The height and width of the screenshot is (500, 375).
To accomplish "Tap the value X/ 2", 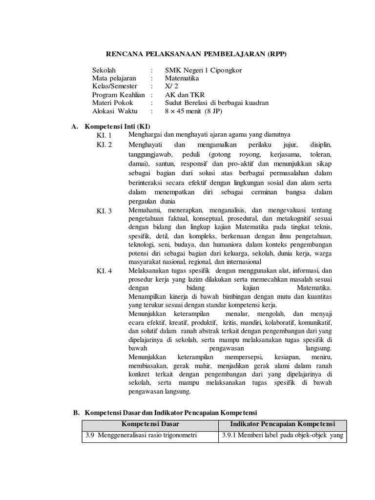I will coord(171,86).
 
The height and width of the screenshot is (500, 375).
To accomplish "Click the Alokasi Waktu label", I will coord(115,111).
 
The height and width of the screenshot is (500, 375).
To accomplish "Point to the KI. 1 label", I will coord(104,135).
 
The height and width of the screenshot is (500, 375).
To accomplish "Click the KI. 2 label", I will coord(104,145).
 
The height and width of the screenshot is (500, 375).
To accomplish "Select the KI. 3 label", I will coord(104,211).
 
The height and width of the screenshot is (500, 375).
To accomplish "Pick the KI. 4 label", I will coord(104,271).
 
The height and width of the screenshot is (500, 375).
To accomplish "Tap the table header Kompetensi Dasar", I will coord(149,423).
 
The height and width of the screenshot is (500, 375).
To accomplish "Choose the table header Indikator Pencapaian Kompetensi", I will coord(282,423).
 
